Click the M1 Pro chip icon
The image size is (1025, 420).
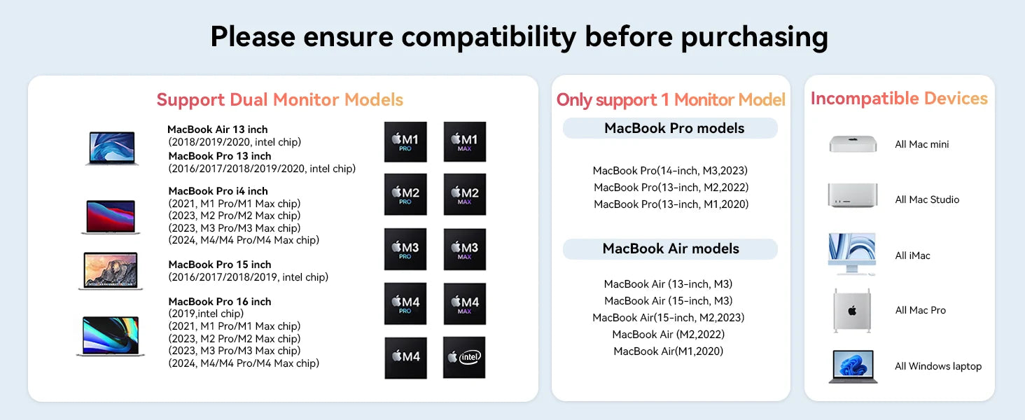pyautogui.click(x=405, y=142)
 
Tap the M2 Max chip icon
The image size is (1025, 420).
pyautogui.click(x=464, y=195)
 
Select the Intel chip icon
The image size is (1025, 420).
pyautogui.click(x=464, y=357)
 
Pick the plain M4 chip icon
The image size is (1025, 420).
pyautogui.click(x=405, y=358)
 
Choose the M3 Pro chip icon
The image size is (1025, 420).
pyautogui.click(x=405, y=249)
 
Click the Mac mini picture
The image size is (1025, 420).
pyautogui.click(x=853, y=144)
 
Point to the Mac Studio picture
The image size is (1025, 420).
pyautogui.click(x=853, y=195)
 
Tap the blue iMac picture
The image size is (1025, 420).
pyautogui.click(x=852, y=254)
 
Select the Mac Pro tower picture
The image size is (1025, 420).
pyautogui.click(x=852, y=311)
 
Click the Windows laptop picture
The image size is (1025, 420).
pyautogui.click(x=853, y=367)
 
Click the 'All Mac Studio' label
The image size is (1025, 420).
pyautogui.click(x=927, y=199)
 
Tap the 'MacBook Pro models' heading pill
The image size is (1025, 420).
pyautogui.click(x=670, y=128)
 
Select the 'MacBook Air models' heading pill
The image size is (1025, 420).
pyautogui.click(x=670, y=249)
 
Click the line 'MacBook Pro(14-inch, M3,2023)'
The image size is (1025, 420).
pyautogui.click(x=670, y=171)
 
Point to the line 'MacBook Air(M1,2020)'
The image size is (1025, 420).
pyautogui.click(x=668, y=351)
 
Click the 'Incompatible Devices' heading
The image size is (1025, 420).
pyautogui.click(x=899, y=99)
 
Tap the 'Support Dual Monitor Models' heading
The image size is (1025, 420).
pyautogui.click(x=279, y=99)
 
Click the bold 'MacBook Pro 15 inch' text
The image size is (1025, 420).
pyautogui.click(x=220, y=265)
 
